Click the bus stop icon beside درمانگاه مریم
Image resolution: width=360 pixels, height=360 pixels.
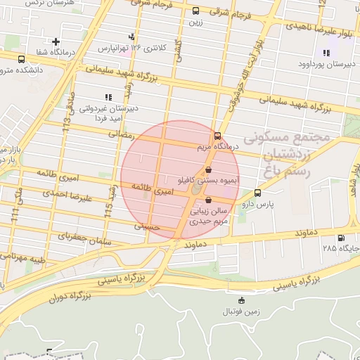[x=217, y=136]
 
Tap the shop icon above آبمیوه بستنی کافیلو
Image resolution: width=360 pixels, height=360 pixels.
[x=209, y=170]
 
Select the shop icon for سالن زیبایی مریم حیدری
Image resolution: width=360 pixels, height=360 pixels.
[x=207, y=200]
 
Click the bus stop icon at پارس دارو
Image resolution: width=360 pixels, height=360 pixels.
[x=257, y=193]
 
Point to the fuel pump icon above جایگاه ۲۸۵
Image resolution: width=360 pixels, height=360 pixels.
[x=341, y=238]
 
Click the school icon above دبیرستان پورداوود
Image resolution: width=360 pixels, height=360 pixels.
[x=325, y=53]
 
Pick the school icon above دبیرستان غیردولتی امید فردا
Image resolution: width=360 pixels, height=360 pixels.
[x=107, y=97]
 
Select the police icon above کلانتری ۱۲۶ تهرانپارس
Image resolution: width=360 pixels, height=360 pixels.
[x=131, y=37]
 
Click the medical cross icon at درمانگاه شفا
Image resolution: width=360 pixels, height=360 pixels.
[x=56, y=42]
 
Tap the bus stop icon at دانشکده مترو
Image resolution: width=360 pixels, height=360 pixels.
[x=21, y=59]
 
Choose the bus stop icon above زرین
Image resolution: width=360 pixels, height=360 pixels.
[x=195, y=11]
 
